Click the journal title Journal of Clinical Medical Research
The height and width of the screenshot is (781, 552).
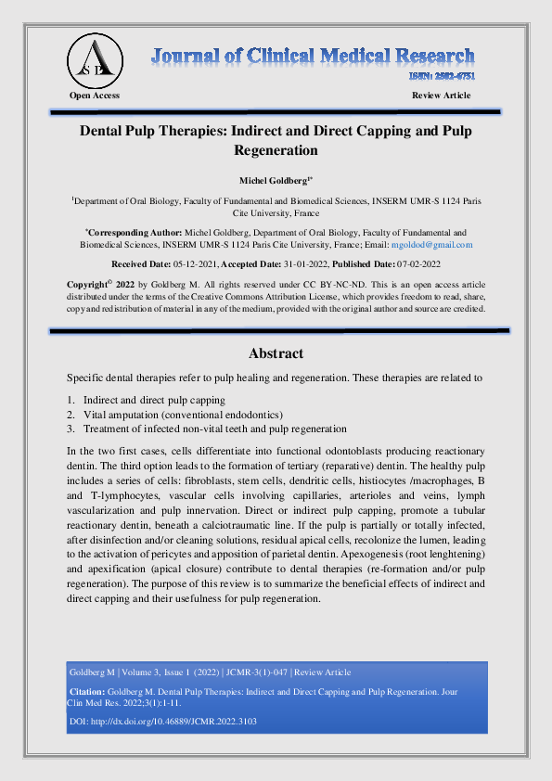pos(314,55)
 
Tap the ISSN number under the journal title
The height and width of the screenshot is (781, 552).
pos(443,77)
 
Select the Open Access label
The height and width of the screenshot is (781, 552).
pos(95,96)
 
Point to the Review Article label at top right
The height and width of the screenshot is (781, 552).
pos(441,96)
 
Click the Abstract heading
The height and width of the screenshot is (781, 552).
pos(276,353)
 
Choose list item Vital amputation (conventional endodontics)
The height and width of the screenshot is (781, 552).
pos(183,415)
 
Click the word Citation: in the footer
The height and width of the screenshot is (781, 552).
pos(88,692)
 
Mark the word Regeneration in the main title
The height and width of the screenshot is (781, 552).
pos(276,149)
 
